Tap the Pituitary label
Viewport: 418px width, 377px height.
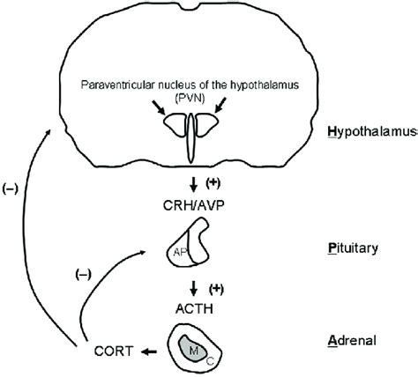(364, 249)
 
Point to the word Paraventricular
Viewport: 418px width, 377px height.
(117, 85)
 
